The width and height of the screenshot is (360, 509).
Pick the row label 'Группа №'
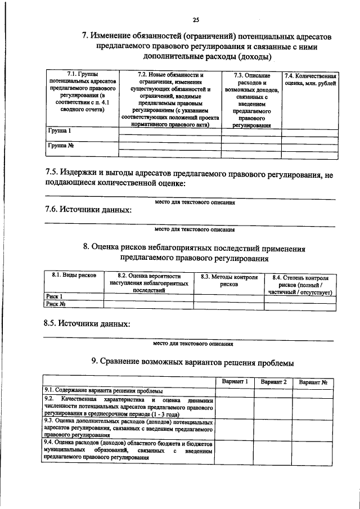(x=62, y=146)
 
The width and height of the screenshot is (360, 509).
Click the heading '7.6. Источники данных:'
(x=88, y=210)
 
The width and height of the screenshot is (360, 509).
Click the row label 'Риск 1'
(x=54, y=296)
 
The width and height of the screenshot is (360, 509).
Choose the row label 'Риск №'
(x=56, y=304)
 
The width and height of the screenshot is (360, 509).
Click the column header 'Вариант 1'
(x=235, y=382)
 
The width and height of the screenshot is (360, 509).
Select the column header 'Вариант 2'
(x=273, y=382)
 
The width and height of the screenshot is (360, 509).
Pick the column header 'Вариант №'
(x=313, y=382)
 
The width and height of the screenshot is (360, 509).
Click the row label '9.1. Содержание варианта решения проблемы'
(x=103, y=391)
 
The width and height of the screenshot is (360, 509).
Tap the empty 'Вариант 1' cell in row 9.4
(x=235, y=450)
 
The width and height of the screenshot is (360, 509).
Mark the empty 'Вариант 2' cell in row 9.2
(x=273, y=406)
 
